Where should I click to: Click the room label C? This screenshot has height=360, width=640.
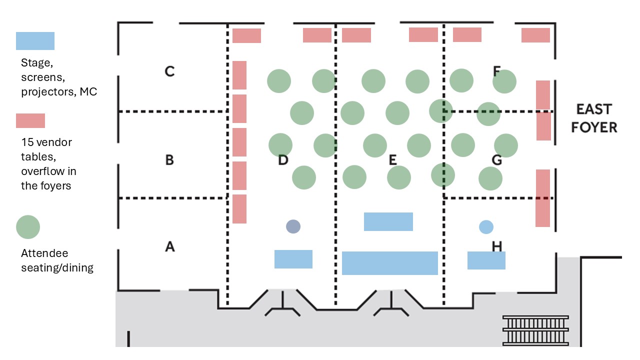click(x=169, y=71)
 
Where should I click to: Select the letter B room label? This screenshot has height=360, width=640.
click(x=169, y=160)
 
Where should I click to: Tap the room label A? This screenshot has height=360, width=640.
click(x=170, y=246)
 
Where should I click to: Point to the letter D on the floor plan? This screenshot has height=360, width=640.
click(x=283, y=160)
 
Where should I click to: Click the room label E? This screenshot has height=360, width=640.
click(x=392, y=160)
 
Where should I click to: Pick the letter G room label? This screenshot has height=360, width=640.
click(x=496, y=160)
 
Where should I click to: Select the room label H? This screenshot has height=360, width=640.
click(x=496, y=246)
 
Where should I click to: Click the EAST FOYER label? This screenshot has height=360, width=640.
click(x=594, y=118)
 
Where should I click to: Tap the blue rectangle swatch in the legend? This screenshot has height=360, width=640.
click(x=35, y=41)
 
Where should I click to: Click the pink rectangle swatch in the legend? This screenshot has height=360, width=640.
click(x=30, y=121)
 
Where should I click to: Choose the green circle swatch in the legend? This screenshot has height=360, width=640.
click(x=28, y=227)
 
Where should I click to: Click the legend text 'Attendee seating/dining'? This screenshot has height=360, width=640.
click(x=57, y=260)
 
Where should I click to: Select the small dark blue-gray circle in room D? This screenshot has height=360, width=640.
click(x=293, y=226)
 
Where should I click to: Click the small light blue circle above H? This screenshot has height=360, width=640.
click(x=486, y=227)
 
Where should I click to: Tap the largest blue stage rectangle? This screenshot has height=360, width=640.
click(x=389, y=263)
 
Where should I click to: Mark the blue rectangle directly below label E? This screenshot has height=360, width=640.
click(x=388, y=221)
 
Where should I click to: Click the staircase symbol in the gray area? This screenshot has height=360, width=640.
click(x=535, y=330)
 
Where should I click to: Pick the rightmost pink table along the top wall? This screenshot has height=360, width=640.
click(x=535, y=35)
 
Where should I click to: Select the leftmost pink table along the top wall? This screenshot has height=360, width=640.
click(x=246, y=35)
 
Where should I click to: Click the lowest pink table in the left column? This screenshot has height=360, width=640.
click(x=239, y=209)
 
